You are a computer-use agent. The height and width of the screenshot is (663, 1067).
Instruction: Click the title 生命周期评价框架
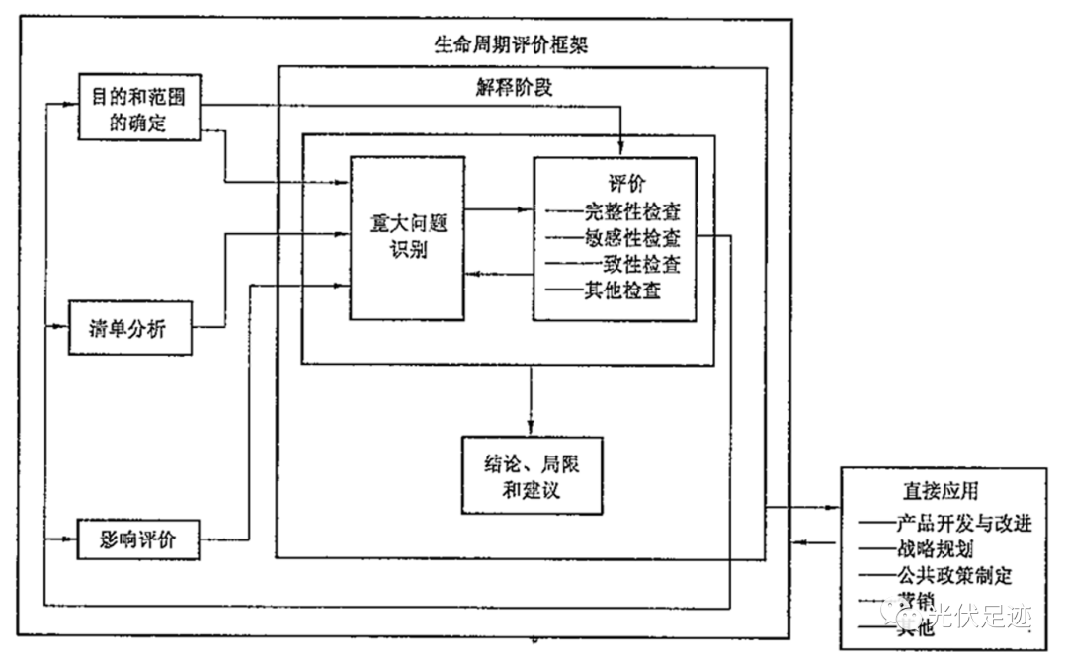point(513,44)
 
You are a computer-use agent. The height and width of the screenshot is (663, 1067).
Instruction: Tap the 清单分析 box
point(128,330)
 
